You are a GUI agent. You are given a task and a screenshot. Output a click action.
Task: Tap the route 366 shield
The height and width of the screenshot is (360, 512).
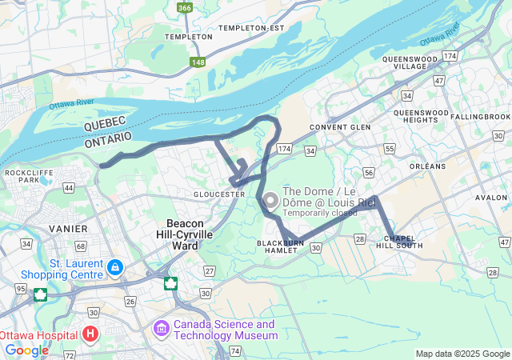(185, 8)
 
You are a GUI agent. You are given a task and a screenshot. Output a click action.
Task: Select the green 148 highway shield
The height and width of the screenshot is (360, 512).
(198, 61)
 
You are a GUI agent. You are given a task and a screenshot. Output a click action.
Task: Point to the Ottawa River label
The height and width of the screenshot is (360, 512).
(71, 105)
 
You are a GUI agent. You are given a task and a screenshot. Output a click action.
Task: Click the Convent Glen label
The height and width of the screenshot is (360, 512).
(340, 127)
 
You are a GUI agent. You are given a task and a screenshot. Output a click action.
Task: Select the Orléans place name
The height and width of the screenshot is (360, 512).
(426, 166)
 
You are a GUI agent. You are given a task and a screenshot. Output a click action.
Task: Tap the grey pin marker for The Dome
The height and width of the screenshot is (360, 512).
(270, 201)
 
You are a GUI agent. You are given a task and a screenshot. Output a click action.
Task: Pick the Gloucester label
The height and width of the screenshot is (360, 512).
(219, 194)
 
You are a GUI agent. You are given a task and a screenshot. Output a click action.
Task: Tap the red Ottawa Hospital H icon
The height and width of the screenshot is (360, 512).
(90, 333)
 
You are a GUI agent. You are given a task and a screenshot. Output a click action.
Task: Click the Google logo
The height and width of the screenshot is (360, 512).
(26, 350)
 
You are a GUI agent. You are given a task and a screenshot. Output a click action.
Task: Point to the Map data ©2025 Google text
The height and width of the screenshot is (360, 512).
(462, 354)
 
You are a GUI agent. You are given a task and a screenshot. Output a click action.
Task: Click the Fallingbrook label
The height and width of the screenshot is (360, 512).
(480, 117)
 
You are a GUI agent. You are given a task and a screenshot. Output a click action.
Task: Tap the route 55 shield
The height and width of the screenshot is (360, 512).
(389, 149)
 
